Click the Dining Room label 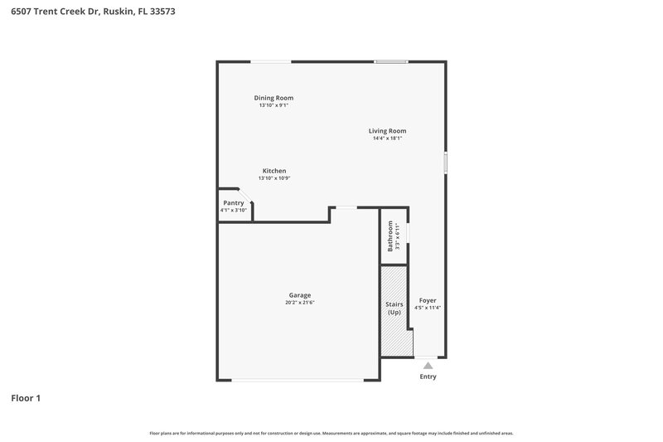tap(273, 98)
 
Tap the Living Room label tap(387, 130)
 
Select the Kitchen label tap(274, 171)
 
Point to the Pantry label tap(234, 202)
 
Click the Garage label tap(300, 295)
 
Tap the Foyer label tap(428, 300)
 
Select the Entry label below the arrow tap(428, 376)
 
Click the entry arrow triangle tap(428, 364)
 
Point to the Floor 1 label tap(26, 398)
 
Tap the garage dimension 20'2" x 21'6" tap(300, 303)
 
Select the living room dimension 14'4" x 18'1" tap(387, 138)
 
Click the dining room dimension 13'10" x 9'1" tap(273, 105)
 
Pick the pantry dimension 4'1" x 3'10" tap(234, 210)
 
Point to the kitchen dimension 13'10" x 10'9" tap(274, 178)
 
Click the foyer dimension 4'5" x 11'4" tap(428, 308)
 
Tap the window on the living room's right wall tap(445, 163)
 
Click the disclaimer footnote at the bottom tap(331, 433)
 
